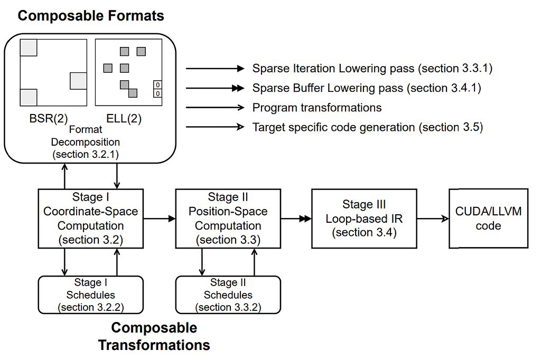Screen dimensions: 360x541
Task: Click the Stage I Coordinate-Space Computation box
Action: [91, 219]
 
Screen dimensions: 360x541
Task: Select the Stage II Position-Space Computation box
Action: [228, 219]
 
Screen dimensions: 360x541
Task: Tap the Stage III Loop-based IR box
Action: [364, 219]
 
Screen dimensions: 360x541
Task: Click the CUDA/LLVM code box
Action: [488, 219]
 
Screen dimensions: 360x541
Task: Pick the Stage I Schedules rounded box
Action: [91, 295]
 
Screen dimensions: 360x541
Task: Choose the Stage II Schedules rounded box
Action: [228, 295]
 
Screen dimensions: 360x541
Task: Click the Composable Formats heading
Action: [91, 16]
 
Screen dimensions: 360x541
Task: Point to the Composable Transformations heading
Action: [154, 336]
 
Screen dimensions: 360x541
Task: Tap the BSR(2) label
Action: [49, 119]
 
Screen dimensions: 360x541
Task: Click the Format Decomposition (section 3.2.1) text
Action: [85, 142]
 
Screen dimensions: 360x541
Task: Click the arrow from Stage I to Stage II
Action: [159, 217]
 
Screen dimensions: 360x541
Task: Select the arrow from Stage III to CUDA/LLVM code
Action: [433, 217]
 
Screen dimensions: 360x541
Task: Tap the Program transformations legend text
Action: [317, 108]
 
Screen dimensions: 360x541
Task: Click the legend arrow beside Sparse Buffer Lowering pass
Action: [214, 88]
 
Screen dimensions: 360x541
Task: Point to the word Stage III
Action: [364, 204]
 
